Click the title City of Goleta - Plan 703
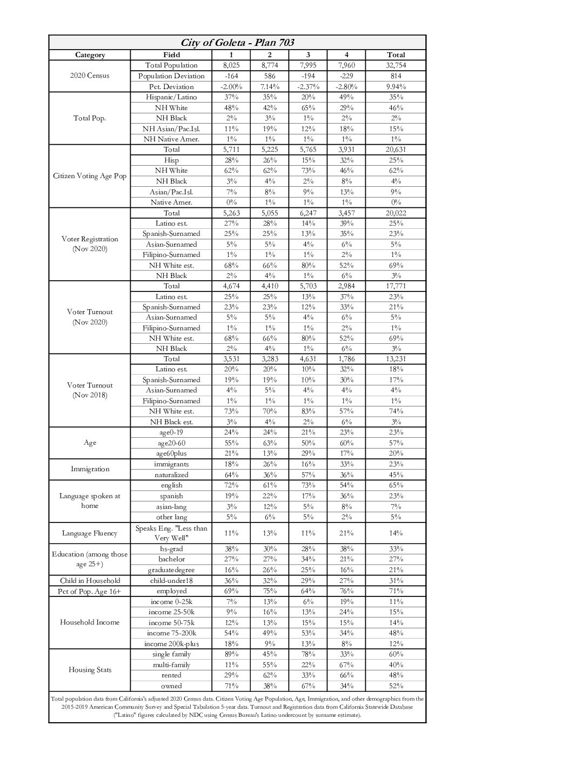coord(237,43)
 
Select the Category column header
coord(90,55)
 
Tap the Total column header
coord(396,55)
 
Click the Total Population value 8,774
coord(270,65)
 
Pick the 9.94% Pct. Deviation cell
coord(396,86)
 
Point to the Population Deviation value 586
coord(270,76)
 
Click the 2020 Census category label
coord(90,76)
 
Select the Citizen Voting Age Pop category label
coord(90,176)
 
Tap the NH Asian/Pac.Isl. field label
coord(171,128)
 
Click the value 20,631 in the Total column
coord(396,150)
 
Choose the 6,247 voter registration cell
coord(308,213)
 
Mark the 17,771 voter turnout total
coord(396,286)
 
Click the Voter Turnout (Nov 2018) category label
coord(90,390)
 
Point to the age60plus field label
coord(171,453)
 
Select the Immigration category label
coord(90,469)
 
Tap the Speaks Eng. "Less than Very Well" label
coord(171,533)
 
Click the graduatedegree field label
coord(171,570)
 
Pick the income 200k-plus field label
coord(171,644)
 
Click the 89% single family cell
coord(231,654)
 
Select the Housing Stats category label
coord(90,670)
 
